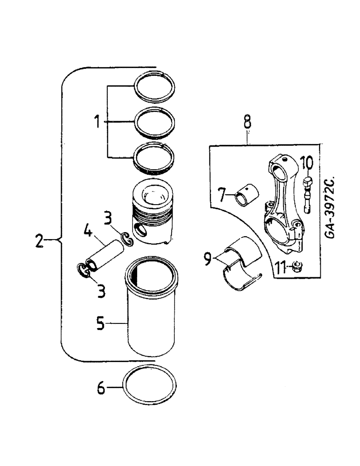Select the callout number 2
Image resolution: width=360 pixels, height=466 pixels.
(x=40, y=241)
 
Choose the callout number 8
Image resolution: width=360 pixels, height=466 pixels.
(x=247, y=123)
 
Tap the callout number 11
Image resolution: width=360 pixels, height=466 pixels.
(x=280, y=267)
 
